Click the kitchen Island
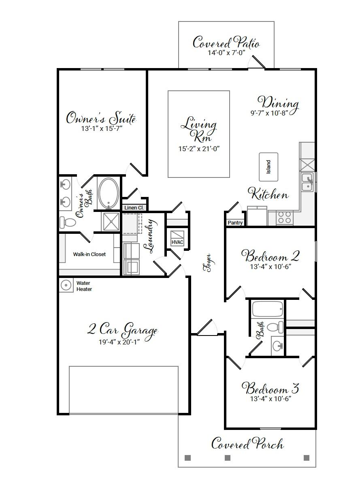[268, 167]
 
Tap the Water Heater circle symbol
[66, 285]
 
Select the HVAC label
[177, 242]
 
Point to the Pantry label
[235, 222]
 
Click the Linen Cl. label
[134, 207]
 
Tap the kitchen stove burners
[285, 218]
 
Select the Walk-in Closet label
[89, 254]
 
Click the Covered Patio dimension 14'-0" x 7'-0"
[226, 53]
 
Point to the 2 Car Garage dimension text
[119, 342]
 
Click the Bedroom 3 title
[271, 389]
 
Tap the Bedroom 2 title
[271, 256]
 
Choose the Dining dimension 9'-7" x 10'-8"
[269, 113]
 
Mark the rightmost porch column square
[307, 458]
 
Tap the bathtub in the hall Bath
[267, 309]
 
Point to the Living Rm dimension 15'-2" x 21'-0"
[199, 149]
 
